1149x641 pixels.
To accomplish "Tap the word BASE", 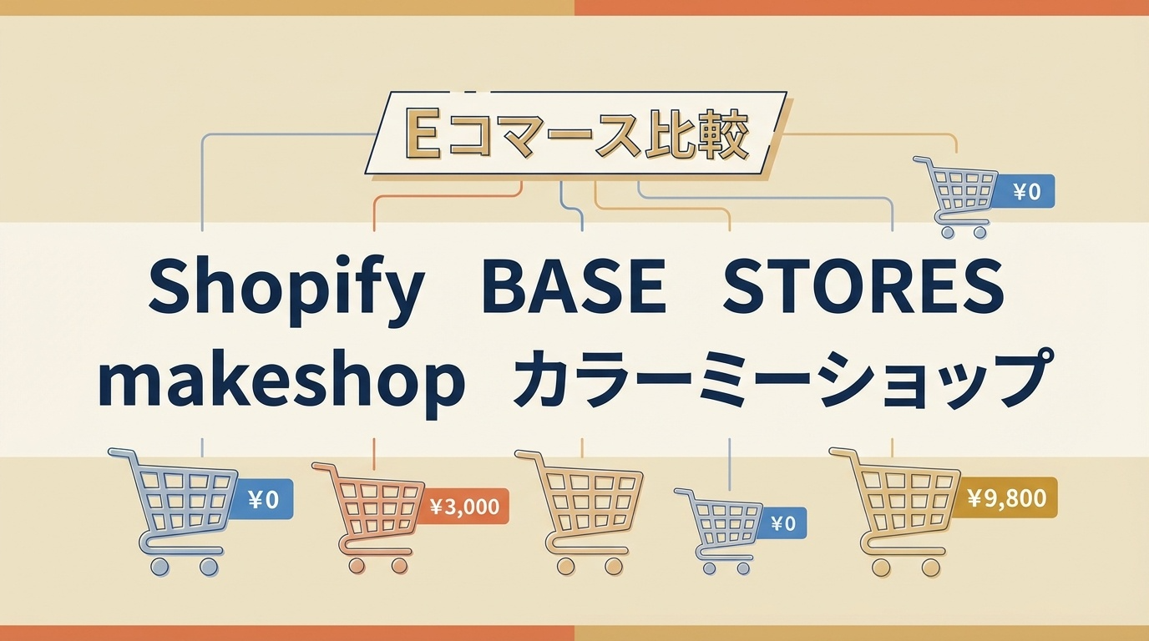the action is (574, 286).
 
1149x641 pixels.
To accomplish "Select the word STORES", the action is (863, 286).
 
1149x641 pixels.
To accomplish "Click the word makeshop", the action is (281, 385).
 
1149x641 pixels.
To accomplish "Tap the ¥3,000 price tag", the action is (465, 506).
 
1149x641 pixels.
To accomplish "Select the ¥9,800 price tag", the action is (1006, 497).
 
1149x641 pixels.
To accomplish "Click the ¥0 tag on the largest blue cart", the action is (263, 499).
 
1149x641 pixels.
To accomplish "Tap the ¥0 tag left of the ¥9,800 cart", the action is (782, 523).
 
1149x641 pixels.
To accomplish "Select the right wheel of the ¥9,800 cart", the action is (930, 568).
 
